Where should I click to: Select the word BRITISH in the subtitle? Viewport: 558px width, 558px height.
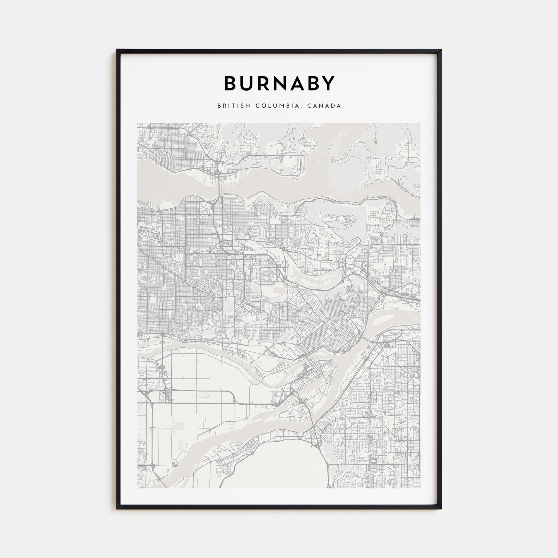pyautogui.click(x=234, y=106)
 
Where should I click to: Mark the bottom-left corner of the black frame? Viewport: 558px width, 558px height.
pyautogui.click(x=117, y=508)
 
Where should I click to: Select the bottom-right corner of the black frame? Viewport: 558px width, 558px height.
pyautogui.click(x=441, y=508)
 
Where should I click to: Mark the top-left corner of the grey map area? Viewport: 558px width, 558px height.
pyautogui.click(x=138, y=123)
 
